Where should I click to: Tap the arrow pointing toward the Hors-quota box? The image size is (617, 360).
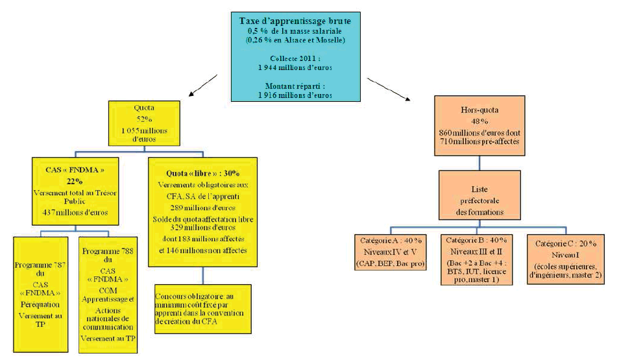pyautogui.click(x=389, y=89)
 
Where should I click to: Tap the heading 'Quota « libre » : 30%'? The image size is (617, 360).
pyautogui.click(x=203, y=173)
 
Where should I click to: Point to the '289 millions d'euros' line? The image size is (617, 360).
pyautogui.click(x=203, y=208)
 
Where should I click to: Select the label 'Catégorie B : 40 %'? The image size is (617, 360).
pyautogui.click(x=475, y=239)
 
